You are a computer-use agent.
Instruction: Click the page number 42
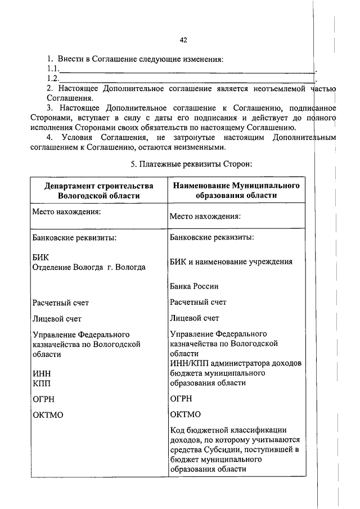coord(183,40)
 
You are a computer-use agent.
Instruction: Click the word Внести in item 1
coord(70,60)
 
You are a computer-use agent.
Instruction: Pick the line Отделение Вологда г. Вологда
coord(89,267)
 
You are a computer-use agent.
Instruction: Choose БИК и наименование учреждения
coord(231,262)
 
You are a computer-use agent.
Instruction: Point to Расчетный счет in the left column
coord(61,303)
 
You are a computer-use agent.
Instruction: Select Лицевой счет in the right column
coord(195,318)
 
